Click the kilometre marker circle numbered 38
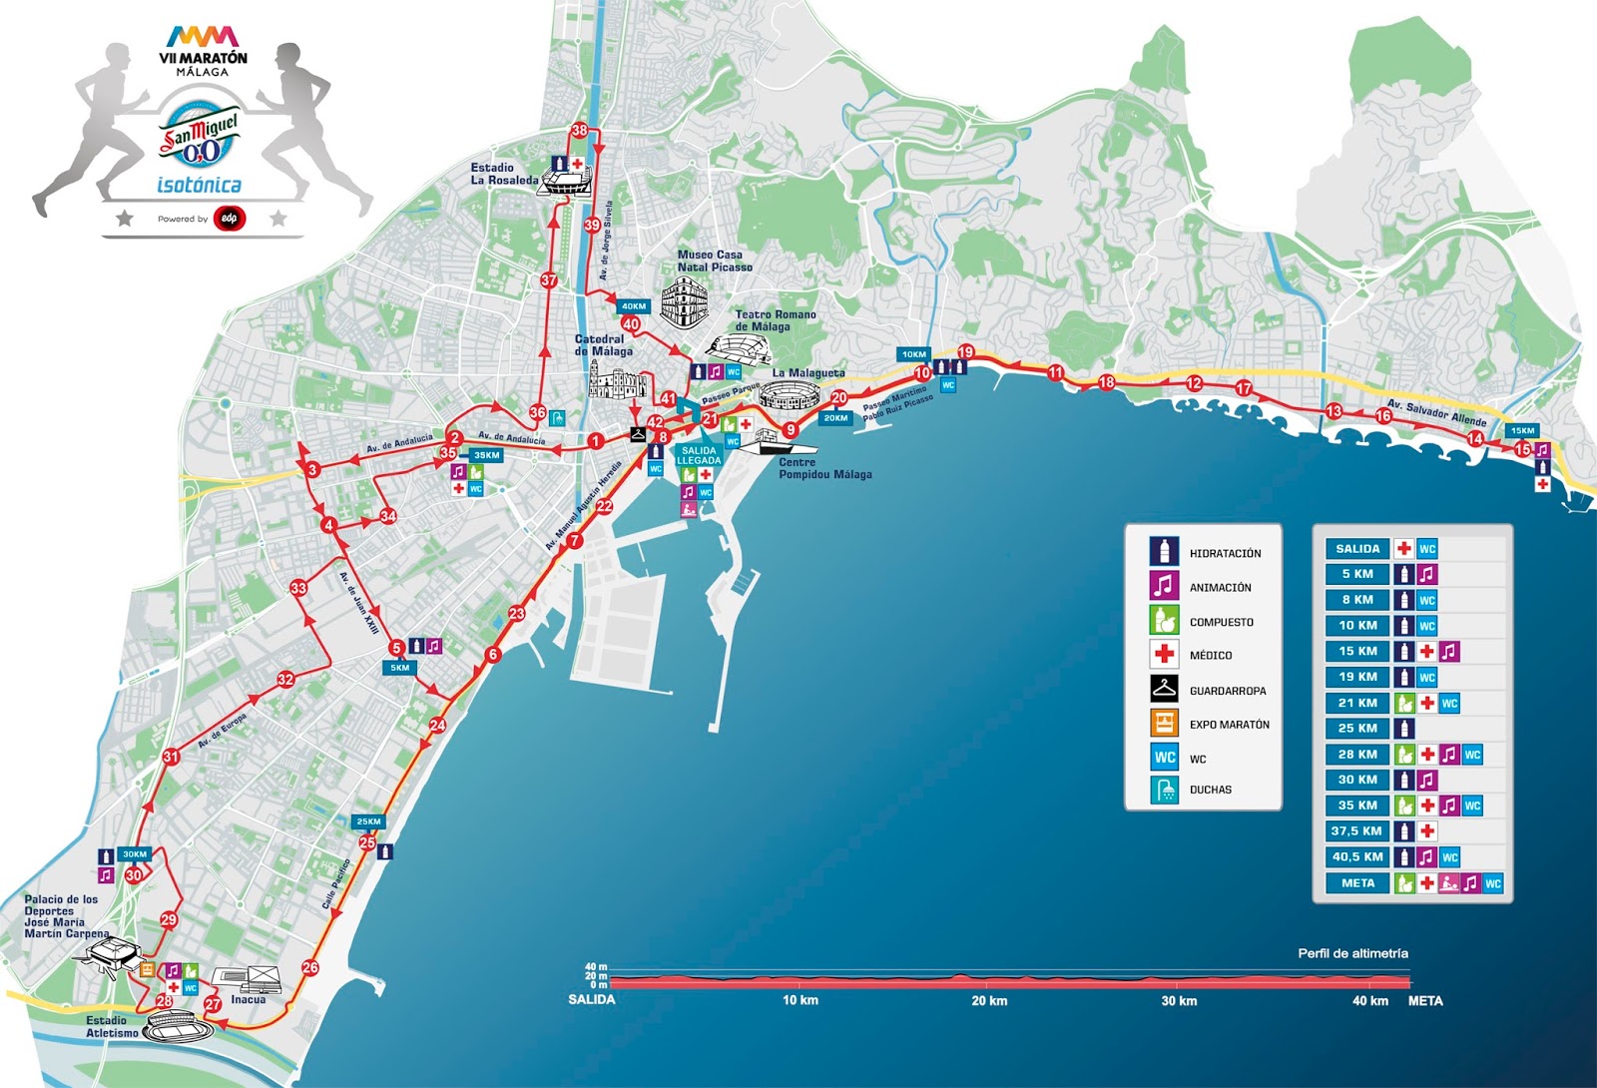coord(579,131)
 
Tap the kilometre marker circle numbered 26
coord(310,967)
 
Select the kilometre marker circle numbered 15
coord(1522,449)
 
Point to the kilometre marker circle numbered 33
coord(298,588)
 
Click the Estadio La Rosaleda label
coord(503,174)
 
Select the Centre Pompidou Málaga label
coord(824,468)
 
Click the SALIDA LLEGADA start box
coord(699,455)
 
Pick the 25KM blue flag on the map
coord(367,822)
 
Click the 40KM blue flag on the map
coord(632,306)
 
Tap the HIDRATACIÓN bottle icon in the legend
coord(1164,552)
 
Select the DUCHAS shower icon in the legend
coord(1164,790)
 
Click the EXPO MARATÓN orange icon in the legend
coord(1164,724)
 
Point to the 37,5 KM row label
coord(1356,830)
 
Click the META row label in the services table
coord(1356,882)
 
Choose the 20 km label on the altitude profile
coord(989,1000)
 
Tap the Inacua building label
coord(249,999)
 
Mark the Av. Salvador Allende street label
coord(1436,412)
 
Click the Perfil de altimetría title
coord(1352,953)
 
